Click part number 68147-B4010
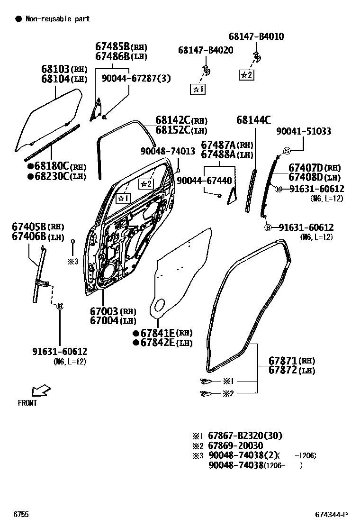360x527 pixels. coord(256,36)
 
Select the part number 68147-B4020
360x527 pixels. coord(205,50)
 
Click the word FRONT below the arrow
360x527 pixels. coord(27,403)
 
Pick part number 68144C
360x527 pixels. coord(253,120)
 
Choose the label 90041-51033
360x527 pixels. coord(304,131)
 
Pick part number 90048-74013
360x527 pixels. coord(168,151)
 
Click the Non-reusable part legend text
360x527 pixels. coord(57,19)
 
